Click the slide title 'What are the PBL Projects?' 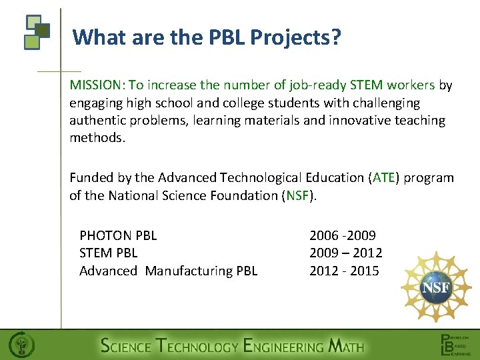click(207, 37)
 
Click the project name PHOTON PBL click(118, 235)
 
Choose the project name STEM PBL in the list click(108, 253)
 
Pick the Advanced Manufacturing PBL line click(168, 271)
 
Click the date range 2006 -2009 click(343, 235)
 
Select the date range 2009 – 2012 click(345, 253)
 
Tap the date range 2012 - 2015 click(344, 271)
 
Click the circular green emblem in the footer click(22, 345)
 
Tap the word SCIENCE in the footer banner click(125, 345)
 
